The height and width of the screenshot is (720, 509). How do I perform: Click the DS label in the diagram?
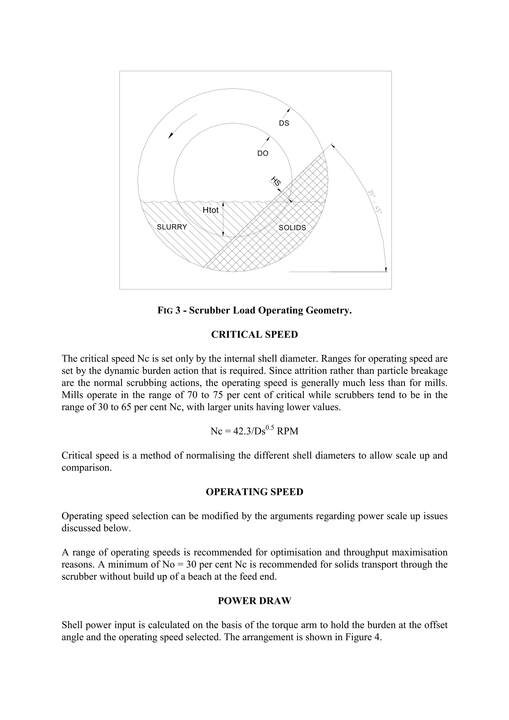pyautogui.click(x=284, y=123)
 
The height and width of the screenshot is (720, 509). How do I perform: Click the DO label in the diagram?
pyautogui.click(x=262, y=153)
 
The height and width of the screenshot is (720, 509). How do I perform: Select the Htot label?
pyautogui.click(x=211, y=210)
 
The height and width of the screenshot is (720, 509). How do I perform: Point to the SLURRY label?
pyautogui.click(x=172, y=227)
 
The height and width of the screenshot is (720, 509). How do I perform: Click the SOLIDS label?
pyautogui.click(x=292, y=228)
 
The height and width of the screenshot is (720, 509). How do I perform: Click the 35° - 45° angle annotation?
pyautogui.click(x=375, y=201)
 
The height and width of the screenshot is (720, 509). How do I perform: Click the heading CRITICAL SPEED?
pyautogui.click(x=254, y=335)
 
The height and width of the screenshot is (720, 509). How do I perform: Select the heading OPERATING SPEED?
pyautogui.click(x=254, y=492)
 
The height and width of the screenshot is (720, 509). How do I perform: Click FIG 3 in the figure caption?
pyautogui.click(x=169, y=311)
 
